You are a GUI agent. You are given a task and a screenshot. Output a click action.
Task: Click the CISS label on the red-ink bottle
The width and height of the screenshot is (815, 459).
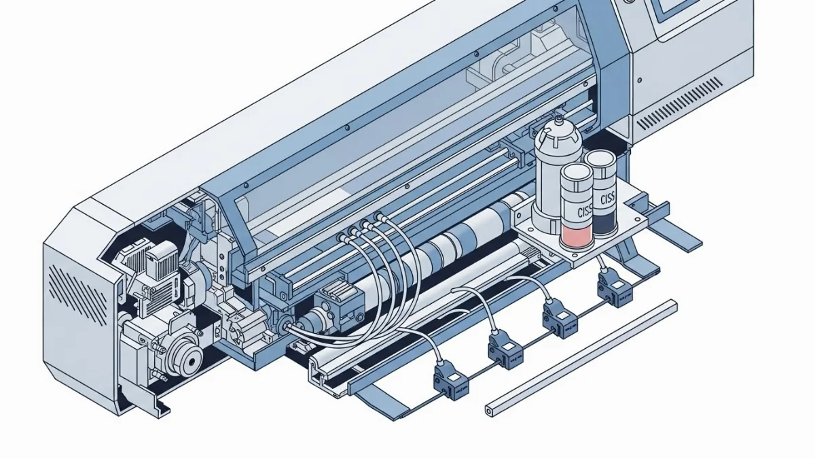(585, 211)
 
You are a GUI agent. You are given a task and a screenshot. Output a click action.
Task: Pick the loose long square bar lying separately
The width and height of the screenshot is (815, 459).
(581, 357)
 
